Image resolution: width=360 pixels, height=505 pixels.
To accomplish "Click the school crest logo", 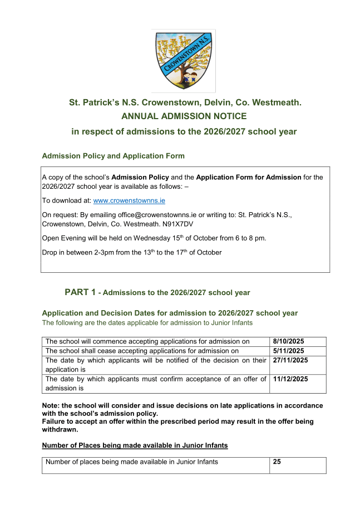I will [x=183, y=61].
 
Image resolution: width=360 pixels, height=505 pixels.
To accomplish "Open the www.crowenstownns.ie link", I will [x=129, y=200].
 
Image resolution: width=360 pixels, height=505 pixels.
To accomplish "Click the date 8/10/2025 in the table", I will [x=289, y=341].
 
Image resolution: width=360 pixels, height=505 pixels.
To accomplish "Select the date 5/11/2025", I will [x=289, y=351].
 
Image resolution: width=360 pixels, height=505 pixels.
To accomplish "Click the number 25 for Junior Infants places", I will [x=277, y=462].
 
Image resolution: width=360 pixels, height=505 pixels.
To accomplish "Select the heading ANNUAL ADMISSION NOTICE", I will [x=184, y=116].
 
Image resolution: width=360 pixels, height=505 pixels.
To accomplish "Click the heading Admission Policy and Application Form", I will [x=114, y=156].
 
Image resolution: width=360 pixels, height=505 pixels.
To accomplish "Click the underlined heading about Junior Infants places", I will [x=135, y=445].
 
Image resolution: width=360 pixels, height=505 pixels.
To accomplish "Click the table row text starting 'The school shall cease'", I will [x=142, y=351].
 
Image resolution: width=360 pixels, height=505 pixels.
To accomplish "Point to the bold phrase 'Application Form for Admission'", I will [x=249, y=177].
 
